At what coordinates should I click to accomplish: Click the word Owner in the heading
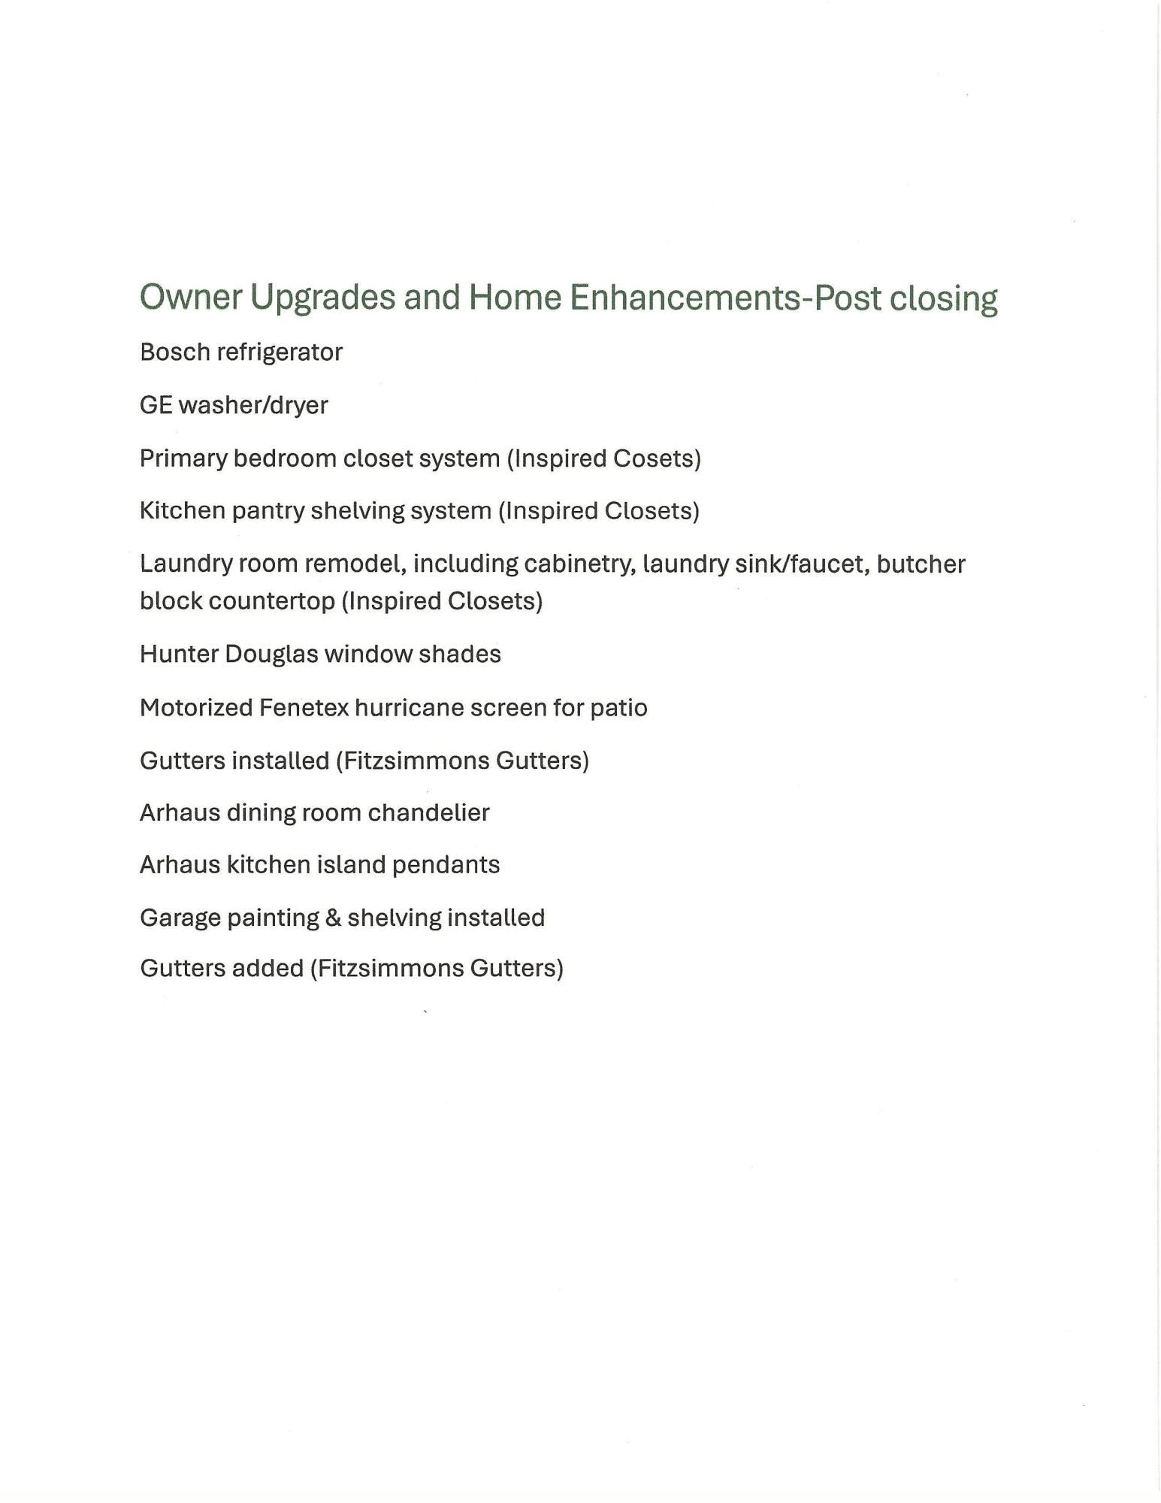pyautogui.click(x=191, y=297)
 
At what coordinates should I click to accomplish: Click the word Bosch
pyautogui.click(x=175, y=352)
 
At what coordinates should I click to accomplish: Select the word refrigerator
pyautogui.click(x=280, y=352)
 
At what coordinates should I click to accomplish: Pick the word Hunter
pyautogui.click(x=178, y=654)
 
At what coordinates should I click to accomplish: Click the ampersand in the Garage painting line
pyautogui.click(x=333, y=918)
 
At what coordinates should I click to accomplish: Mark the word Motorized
pyautogui.click(x=195, y=708)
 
